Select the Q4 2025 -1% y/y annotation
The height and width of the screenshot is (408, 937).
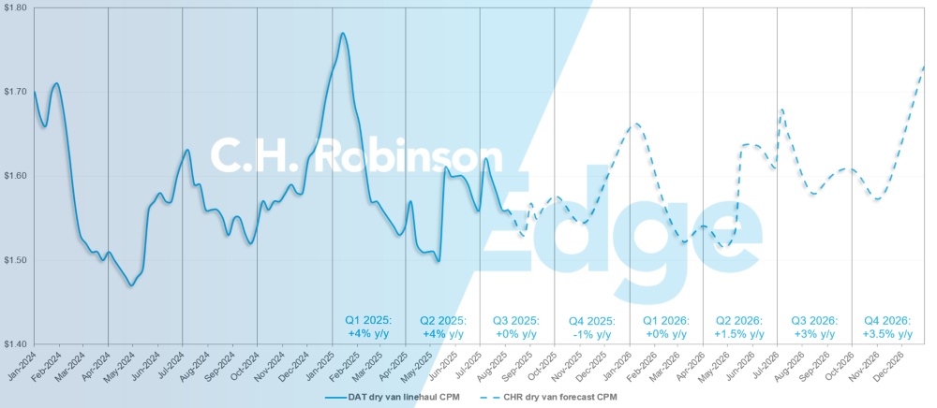click(591, 327)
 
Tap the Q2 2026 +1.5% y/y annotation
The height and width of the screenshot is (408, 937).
click(740, 327)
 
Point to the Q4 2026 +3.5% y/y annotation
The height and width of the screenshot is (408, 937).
click(888, 327)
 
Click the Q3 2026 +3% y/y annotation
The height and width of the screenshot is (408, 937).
click(813, 327)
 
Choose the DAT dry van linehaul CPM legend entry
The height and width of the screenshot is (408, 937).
click(388, 397)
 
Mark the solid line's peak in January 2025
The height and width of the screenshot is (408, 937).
click(343, 34)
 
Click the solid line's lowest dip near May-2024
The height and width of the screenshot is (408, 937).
click(132, 285)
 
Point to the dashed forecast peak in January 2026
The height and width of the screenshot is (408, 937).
click(635, 124)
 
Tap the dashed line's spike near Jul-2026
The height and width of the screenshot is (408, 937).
click(781, 109)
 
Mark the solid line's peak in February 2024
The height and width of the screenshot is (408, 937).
click(57, 83)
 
